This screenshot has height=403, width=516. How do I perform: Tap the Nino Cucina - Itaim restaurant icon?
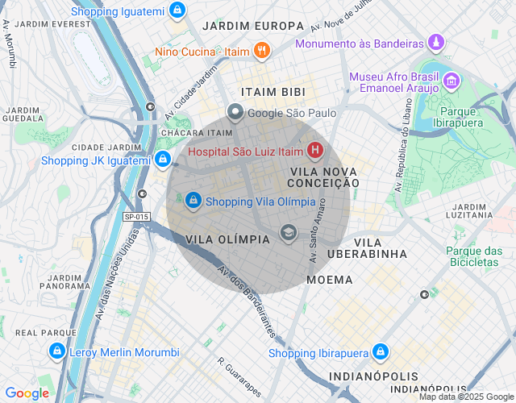(261, 52)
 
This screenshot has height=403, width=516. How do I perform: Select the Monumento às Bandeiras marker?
(436, 42)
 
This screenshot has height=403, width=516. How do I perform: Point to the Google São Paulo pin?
(235, 113)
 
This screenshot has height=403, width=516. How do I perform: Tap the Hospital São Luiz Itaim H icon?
(314, 151)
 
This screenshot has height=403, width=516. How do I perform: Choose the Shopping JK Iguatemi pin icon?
(163, 160)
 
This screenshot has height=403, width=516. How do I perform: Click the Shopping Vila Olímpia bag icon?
(193, 200)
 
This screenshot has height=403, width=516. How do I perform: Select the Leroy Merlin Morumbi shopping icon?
(56, 351)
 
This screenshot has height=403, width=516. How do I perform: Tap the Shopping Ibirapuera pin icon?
(381, 352)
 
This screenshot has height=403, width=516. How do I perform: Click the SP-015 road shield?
(137, 217)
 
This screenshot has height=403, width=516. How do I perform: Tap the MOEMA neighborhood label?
(330, 280)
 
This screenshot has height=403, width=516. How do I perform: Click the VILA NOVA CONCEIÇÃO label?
(323, 177)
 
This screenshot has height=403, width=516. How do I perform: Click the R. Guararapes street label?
(243, 376)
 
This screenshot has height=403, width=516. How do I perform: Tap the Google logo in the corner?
(27, 393)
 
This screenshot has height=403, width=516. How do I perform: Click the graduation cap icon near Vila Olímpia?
(288, 233)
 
